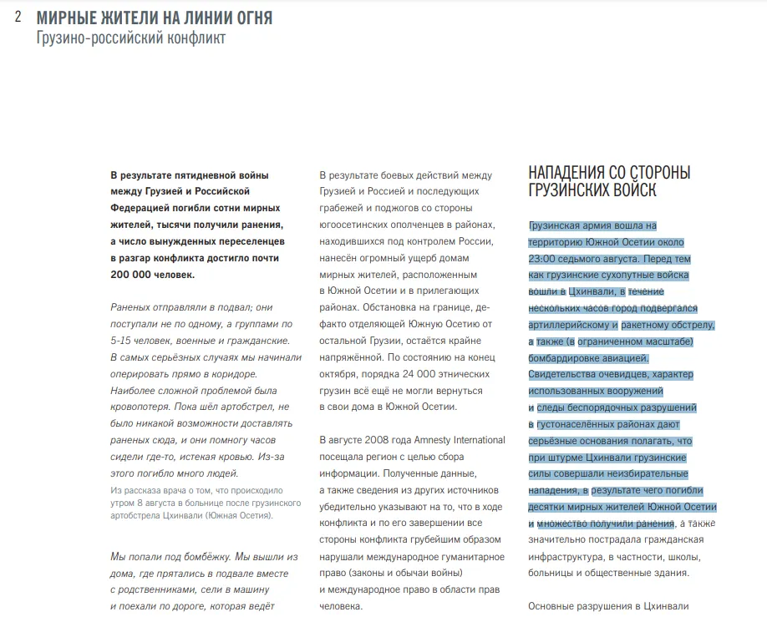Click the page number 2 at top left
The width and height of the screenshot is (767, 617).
pyautogui.click(x=18, y=18)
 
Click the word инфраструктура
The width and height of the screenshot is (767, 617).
pyautogui.click(x=568, y=556)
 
